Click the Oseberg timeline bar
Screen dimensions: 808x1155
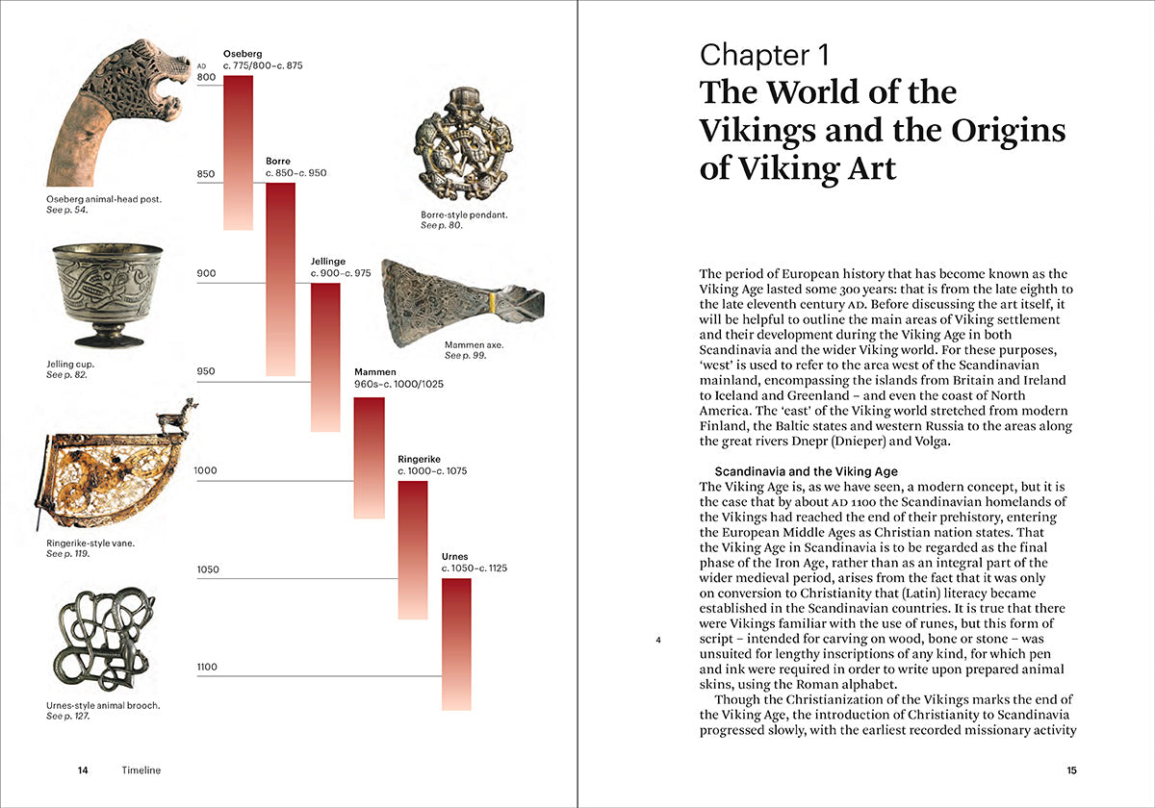pos(238,152)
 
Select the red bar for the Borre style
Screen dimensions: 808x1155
pos(281,279)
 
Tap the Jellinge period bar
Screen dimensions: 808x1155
pos(325,357)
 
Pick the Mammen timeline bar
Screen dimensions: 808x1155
pos(370,458)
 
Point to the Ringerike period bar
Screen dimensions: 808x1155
pos(413,549)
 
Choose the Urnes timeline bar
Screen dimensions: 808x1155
pos(456,644)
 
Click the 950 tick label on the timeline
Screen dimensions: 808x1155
pos(206,372)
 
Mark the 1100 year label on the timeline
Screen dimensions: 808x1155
pos(206,667)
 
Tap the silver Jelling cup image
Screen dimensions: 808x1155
pos(107,293)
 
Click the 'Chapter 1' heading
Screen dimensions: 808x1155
pos(764,56)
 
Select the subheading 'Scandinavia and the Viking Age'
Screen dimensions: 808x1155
pos(806,471)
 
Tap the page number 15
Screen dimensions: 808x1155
pos(1071,770)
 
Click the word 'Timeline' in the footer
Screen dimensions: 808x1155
pos(141,770)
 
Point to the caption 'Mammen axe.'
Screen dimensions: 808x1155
pos(474,344)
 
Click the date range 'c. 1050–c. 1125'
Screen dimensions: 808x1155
pos(474,568)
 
